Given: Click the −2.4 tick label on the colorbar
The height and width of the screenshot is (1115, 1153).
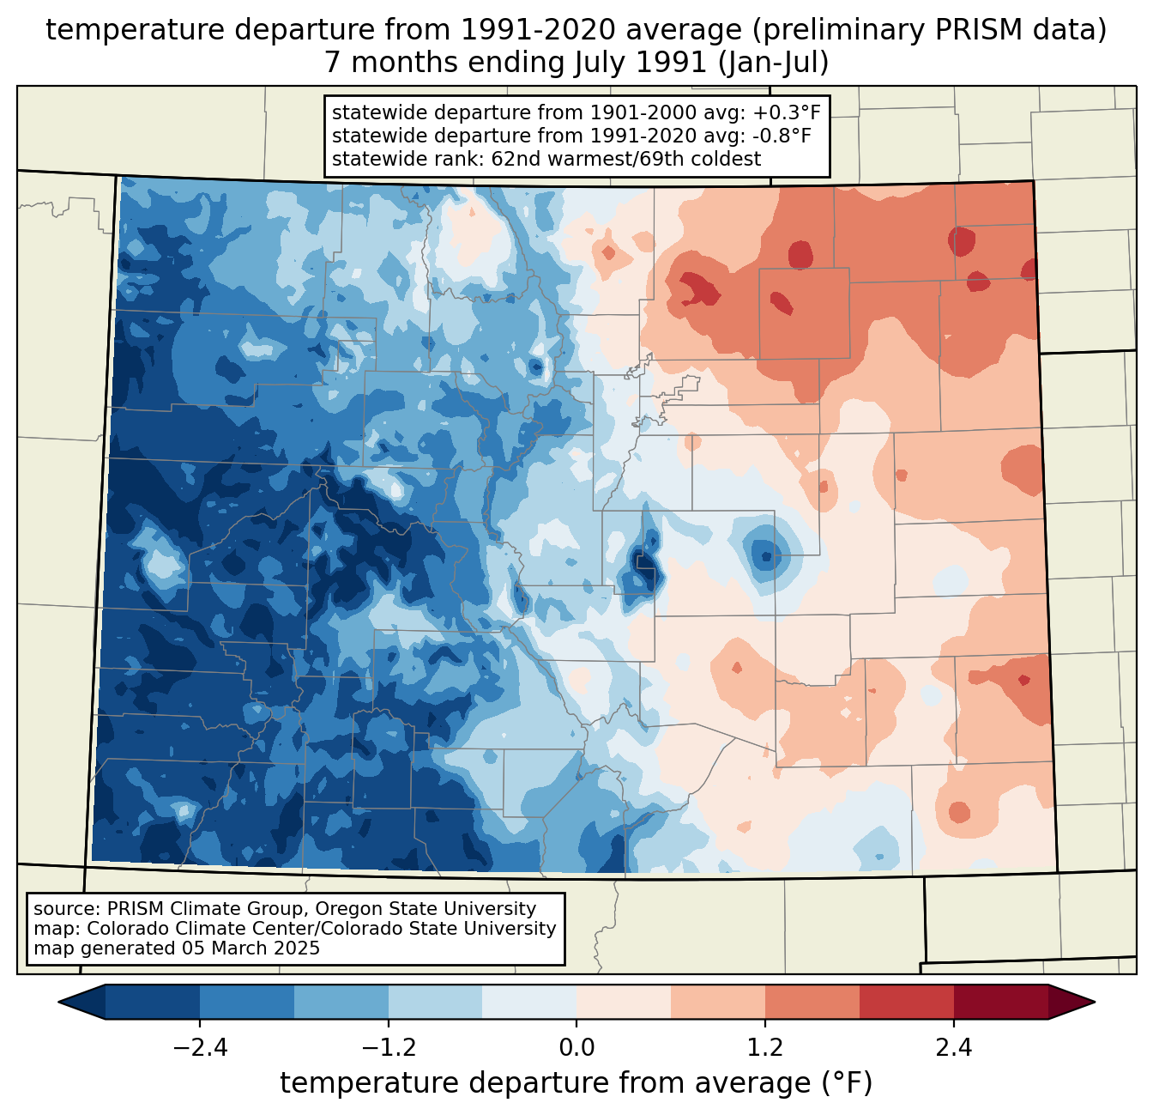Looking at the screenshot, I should [200, 1048].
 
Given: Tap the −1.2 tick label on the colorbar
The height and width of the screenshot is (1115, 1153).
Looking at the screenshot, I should [389, 1048].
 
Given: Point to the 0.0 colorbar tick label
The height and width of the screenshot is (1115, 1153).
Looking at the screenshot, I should [576, 1048].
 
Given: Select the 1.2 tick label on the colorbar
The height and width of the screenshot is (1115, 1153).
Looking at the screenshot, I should [765, 1048].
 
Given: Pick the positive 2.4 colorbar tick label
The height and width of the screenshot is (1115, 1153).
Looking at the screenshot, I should [953, 1048].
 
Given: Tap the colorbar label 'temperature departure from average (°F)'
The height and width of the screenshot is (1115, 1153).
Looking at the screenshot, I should [576, 1083].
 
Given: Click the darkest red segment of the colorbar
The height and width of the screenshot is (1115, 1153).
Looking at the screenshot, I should [1000, 1002].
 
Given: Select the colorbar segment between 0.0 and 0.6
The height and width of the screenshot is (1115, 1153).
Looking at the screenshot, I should [624, 1002].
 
